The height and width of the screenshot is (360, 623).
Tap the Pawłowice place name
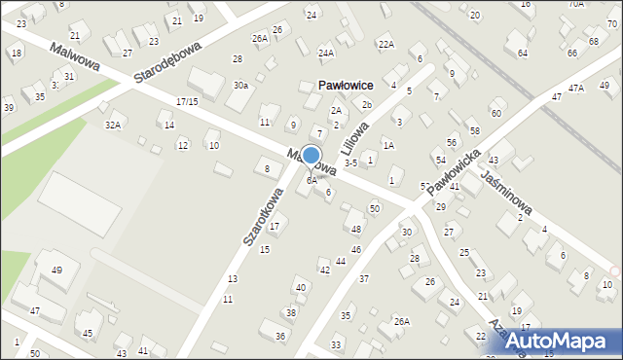pos(346,86)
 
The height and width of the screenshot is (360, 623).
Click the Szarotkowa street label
pos(263,216)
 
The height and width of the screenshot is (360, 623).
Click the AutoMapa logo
pos(563,342)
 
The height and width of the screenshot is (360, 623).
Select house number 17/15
pos(187,101)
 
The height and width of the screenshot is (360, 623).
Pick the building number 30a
pos(240,86)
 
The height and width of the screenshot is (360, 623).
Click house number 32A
pos(114,125)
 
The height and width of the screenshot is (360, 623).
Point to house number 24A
pos(326,53)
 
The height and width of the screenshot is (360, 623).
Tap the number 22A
pos(385,45)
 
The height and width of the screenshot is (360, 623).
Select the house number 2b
pos(367,105)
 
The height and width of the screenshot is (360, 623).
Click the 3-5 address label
pos(351,163)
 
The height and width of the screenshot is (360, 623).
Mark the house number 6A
pos(311,181)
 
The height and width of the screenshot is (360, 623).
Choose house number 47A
pos(576,89)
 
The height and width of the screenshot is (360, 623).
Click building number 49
pos(57,270)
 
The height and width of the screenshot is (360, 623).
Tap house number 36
pos(280,336)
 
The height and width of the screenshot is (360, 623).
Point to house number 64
pos(523,54)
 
